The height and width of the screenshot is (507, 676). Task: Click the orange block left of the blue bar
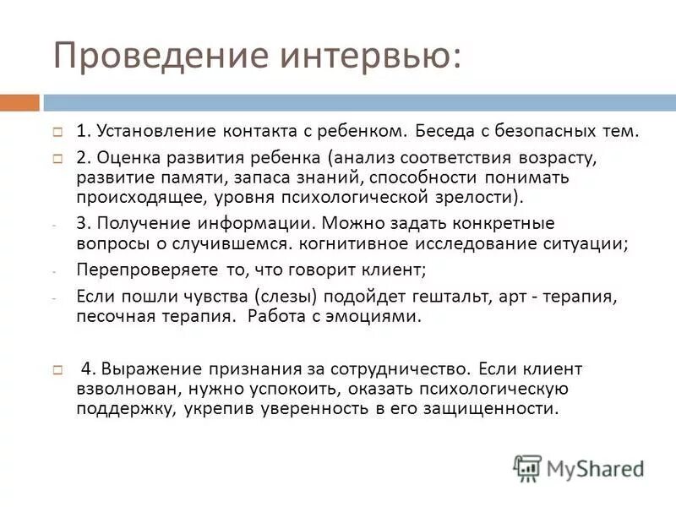click(19, 102)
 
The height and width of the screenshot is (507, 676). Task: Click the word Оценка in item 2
click(123, 157)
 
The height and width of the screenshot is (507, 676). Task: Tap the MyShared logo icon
click(527, 467)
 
